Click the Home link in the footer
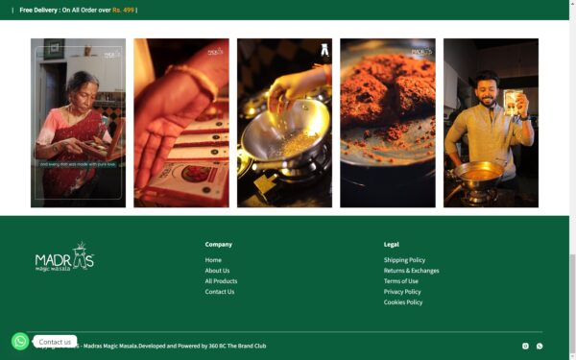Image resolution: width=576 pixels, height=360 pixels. point(213,260)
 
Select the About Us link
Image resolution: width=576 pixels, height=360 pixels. point(217,271)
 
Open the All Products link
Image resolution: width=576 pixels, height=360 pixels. point(221,281)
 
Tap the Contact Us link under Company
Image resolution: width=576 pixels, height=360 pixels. point(219,292)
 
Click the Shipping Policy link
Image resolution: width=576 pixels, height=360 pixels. point(404,260)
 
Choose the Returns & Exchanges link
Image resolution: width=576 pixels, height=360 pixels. point(411,271)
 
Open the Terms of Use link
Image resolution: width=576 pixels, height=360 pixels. point(400,281)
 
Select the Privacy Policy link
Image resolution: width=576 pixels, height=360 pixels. point(402,292)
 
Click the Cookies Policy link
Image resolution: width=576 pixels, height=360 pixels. point(403,302)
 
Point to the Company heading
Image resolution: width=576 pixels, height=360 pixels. point(218,244)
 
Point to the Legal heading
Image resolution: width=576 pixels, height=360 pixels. point(391,244)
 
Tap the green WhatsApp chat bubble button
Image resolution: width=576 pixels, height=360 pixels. point(20,341)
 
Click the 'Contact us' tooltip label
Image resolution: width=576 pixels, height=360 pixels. point(55,342)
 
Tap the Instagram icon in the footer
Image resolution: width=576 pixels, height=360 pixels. point(525,346)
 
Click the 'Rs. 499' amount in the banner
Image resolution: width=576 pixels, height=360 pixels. point(123,10)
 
